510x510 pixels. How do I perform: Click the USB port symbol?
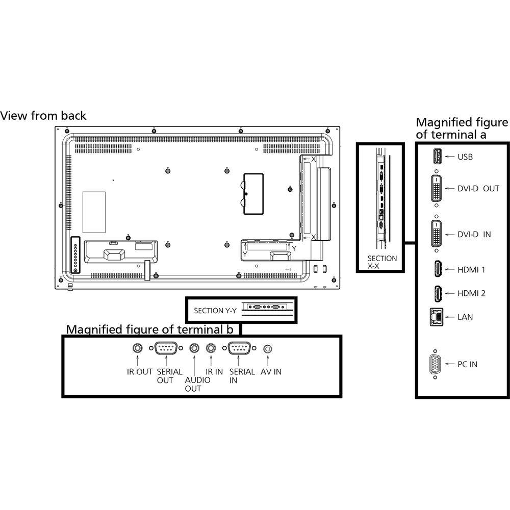[436, 157]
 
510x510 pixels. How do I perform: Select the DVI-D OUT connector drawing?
[436, 188]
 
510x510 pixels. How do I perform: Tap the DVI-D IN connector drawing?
[436, 235]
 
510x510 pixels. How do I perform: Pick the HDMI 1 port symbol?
[437, 268]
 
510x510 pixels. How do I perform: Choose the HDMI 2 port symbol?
[437, 293]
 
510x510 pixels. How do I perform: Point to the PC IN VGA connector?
[436, 364]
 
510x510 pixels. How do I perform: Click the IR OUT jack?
[138, 349]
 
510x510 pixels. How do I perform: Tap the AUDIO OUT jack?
[194, 349]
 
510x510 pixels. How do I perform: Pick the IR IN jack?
[211, 349]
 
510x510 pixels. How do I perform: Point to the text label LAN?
[465, 317]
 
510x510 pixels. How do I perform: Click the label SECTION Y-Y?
[215, 310]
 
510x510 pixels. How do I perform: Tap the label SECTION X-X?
[381, 262]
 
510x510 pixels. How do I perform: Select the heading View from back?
[43, 116]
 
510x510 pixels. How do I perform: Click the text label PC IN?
[468, 365]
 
